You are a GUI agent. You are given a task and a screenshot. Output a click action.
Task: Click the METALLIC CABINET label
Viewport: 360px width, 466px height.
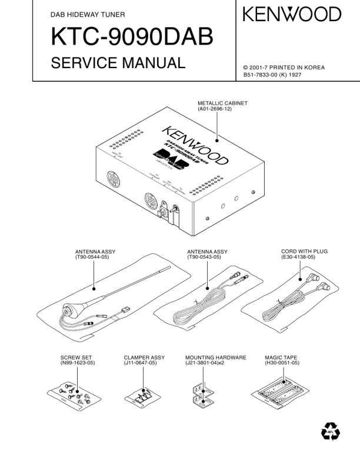(x=222, y=103)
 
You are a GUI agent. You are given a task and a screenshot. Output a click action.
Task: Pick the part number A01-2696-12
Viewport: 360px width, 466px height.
(x=215, y=108)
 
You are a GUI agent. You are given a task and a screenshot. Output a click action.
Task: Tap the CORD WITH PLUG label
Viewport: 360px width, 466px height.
(x=304, y=252)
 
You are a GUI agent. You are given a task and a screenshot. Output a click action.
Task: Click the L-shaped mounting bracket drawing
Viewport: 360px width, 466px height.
(x=202, y=393)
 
